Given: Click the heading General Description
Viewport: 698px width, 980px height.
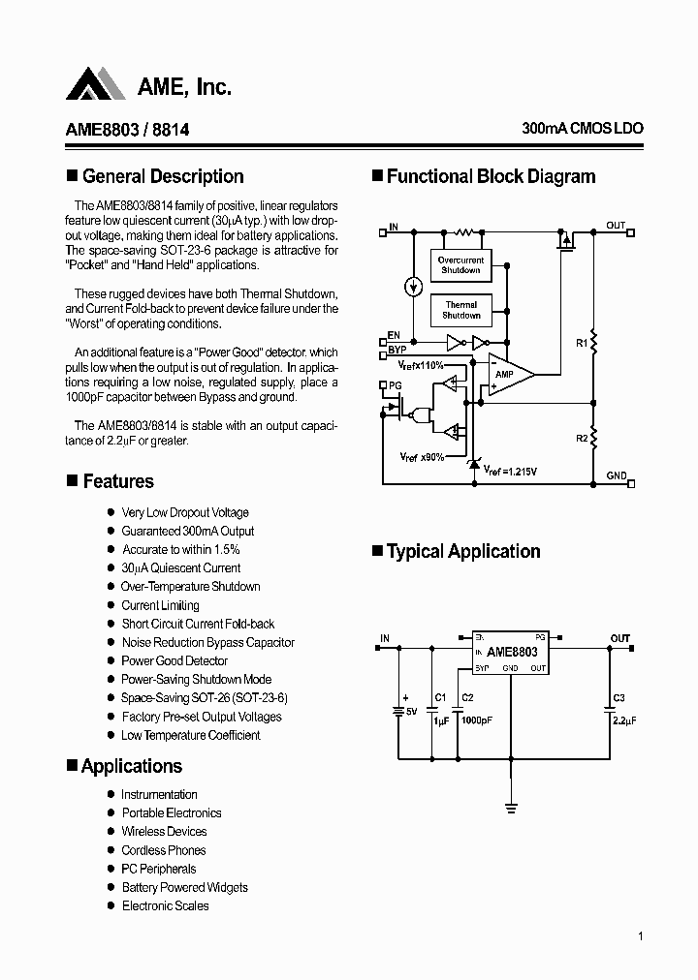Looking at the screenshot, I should pyautogui.click(x=163, y=176).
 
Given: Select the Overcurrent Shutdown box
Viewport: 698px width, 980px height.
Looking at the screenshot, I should pyautogui.click(x=460, y=265).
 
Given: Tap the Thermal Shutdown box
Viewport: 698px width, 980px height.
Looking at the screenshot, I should pyautogui.click(x=460, y=310).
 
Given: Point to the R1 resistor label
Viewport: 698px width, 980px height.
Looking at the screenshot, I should pyautogui.click(x=581, y=343).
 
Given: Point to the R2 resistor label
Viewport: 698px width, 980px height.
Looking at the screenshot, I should pyautogui.click(x=582, y=439).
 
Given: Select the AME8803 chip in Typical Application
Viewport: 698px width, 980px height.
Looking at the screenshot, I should pyautogui.click(x=511, y=654).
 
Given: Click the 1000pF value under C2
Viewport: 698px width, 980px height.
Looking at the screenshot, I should pyautogui.click(x=477, y=720).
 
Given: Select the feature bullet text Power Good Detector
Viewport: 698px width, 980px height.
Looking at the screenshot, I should pyautogui.click(x=174, y=660).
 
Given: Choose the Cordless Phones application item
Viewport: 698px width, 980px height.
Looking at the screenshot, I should pyautogui.click(x=163, y=850).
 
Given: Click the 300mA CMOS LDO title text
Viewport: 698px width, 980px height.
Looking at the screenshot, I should pyautogui.click(x=582, y=128).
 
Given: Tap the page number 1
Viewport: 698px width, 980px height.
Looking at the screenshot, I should pyautogui.click(x=641, y=935).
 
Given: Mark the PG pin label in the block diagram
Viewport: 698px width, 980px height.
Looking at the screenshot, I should pyautogui.click(x=395, y=384).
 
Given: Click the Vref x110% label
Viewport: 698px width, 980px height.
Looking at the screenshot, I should pyautogui.click(x=420, y=365).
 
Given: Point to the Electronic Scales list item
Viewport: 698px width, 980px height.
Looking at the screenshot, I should pyautogui.click(x=165, y=905).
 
